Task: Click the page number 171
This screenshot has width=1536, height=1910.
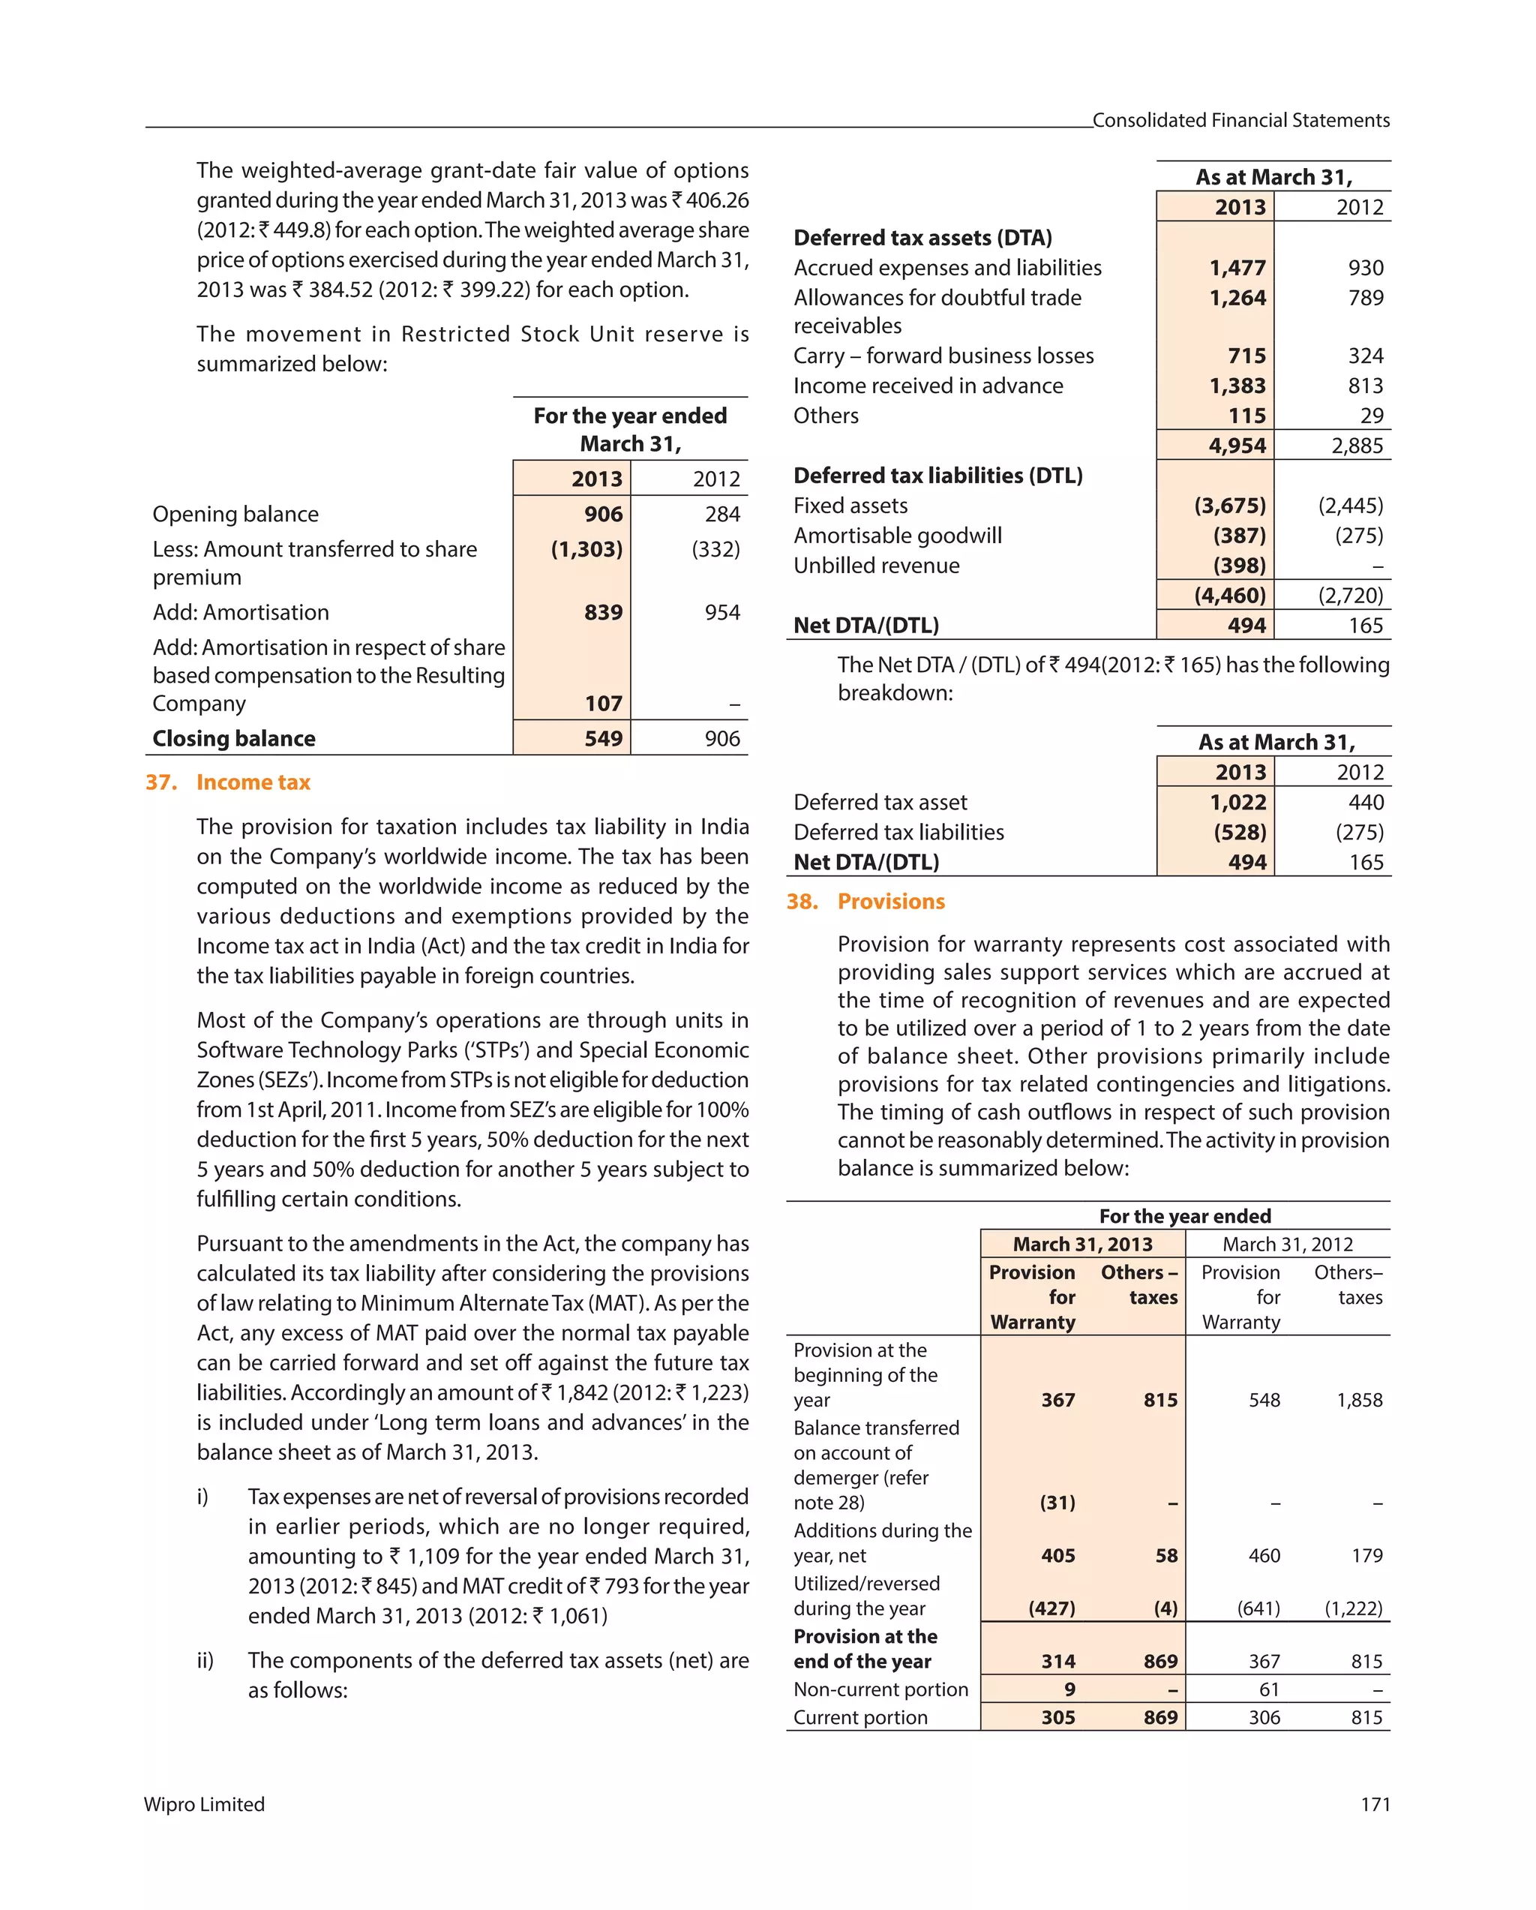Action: [1375, 1804]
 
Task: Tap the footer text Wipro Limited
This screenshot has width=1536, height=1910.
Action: [204, 1804]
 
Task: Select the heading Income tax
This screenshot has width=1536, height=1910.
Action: [253, 782]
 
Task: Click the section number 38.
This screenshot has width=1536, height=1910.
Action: [802, 901]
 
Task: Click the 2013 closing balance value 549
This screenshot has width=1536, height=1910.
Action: [603, 738]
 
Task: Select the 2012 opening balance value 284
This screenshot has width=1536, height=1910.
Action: [722, 514]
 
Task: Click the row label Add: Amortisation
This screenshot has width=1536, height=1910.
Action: [240, 612]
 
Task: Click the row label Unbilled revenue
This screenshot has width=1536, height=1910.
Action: [876, 565]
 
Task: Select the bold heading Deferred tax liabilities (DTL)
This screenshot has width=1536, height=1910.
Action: [937, 476]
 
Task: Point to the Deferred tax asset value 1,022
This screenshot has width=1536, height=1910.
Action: [1237, 802]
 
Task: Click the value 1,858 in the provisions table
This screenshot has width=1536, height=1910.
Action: [1359, 1400]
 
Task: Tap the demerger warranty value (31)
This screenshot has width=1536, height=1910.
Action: [1057, 1503]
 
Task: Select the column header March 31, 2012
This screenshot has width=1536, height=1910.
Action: [1287, 1244]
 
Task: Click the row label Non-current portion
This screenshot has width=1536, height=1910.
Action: [880, 1689]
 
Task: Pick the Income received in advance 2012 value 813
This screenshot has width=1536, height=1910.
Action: [1365, 386]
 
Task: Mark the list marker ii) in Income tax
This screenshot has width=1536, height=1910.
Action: [205, 1660]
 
